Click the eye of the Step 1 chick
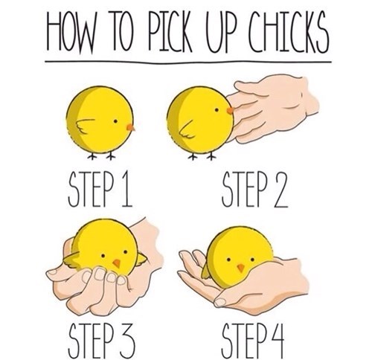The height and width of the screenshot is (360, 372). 115,121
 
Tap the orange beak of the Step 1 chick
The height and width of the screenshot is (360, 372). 130,127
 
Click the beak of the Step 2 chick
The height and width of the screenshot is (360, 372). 231,110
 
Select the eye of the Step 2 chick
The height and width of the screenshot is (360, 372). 217,109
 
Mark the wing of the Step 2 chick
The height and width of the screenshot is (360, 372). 187,130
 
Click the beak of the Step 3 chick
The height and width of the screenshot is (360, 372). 116,263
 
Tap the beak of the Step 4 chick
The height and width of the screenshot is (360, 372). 240,268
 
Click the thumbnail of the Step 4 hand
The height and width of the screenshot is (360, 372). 219,303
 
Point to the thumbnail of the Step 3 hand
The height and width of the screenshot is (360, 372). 53,272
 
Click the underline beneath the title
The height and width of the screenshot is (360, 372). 188,62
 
